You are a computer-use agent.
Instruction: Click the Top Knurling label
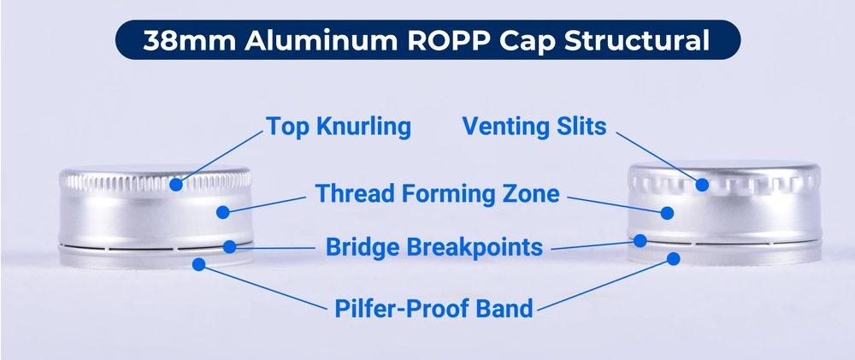[x=339, y=127]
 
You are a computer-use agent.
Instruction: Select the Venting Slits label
[x=534, y=127]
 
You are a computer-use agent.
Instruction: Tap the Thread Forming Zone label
[x=437, y=193]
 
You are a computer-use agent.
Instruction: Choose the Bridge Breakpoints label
[x=434, y=247]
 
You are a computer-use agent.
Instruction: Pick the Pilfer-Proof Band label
[x=435, y=307]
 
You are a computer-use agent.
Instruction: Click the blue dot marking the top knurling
[x=175, y=184]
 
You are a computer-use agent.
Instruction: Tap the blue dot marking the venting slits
[x=702, y=184]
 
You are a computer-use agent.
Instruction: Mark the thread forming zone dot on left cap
[x=222, y=211]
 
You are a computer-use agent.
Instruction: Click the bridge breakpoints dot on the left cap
[x=229, y=247]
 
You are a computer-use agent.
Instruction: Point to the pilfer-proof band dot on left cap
[x=198, y=265]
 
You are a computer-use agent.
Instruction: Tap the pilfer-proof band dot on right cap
[x=674, y=258]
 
